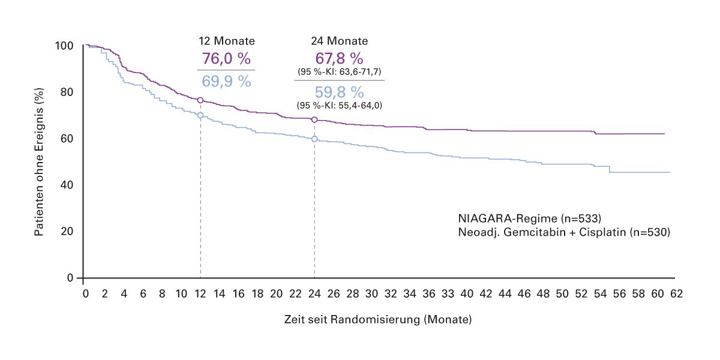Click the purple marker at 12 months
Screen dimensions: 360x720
[x=200, y=100]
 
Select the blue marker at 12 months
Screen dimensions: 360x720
[x=200, y=115]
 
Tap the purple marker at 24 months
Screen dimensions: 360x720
[x=314, y=119]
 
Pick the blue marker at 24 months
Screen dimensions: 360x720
[x=314, y=139]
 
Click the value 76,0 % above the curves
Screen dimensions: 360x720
[x=226, y=59]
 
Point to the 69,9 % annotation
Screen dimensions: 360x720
[x=226, y=81]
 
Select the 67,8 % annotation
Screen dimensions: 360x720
[x=340, y=59]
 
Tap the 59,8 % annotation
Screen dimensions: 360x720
[x=340, y=92]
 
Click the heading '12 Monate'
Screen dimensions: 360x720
[x=227, y=41]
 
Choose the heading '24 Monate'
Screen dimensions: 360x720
[x=340, y=41]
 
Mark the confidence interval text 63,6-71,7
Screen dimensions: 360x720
[x=340, y=72]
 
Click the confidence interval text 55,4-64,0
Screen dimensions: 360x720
[x=340, y=106]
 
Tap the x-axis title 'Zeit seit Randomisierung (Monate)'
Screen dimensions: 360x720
[x=378, y=320]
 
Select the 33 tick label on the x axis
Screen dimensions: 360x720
[x=448, y=294]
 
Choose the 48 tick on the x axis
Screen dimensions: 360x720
[x=543, y=294]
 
